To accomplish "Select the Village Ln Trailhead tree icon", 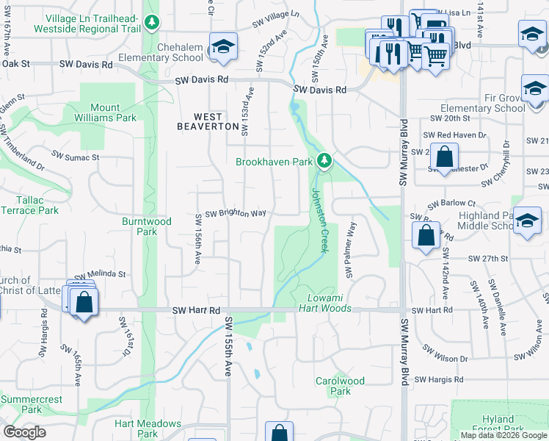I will click(x=152, y=23).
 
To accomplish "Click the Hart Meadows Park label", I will click(x=148, y=429).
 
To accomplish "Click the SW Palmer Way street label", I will click(x=351, y=250).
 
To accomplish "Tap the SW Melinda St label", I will click(x=100, y=273).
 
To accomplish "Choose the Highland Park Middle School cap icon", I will click(x=527, y=221).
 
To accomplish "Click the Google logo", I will click(x=24, y=432).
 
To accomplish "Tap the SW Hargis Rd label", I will click(x=438, y=380).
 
